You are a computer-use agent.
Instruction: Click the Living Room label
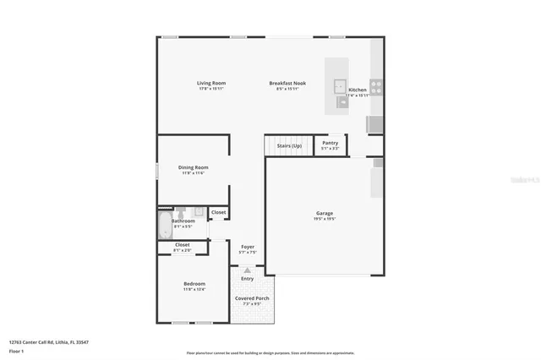coord(210,83)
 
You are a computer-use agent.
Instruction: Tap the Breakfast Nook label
coord(287,83)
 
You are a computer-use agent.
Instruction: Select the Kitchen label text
coord(358,90)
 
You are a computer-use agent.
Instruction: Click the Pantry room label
coord(331,144)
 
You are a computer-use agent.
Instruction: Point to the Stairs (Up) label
coord(289,145)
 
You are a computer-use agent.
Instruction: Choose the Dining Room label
coord(193,167)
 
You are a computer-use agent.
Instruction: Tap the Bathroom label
coord(183,221)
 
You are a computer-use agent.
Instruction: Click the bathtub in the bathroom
coord(164,226)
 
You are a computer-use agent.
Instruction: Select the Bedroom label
coord(195,283)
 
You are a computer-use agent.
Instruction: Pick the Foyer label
coord(248,247)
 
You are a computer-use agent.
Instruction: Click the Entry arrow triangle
coord(247,270)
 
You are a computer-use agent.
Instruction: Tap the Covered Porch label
coord(252,299)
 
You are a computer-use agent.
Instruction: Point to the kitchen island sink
coord(339,85)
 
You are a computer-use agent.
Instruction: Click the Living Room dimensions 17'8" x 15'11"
coord(210,89)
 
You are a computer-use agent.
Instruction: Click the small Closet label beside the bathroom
coord(218,212)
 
